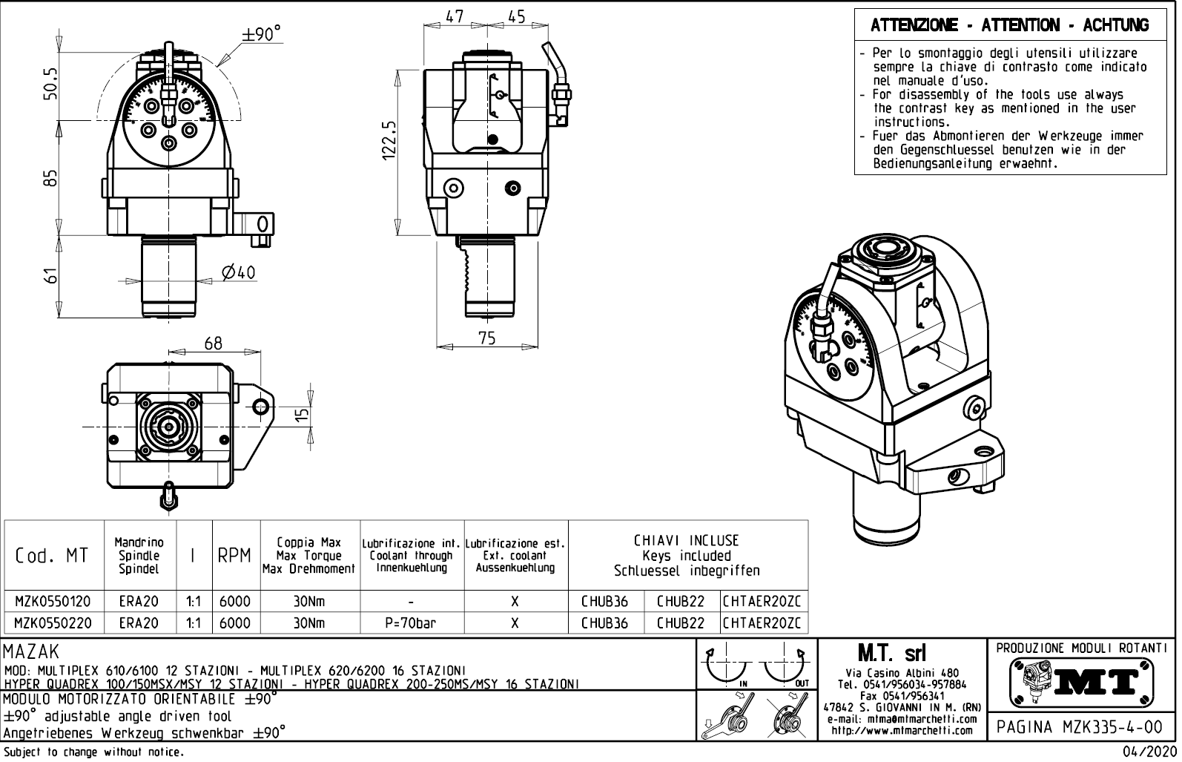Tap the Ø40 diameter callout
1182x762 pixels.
click(x=238, y=273)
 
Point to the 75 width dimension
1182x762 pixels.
click(x=486, y=338)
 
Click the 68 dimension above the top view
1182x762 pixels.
click(x=214, y=344)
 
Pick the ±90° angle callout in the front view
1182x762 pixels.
click(x=262, y=34)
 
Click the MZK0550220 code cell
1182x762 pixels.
click(x=53, y=623)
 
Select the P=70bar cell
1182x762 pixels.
click(x=411, y=623)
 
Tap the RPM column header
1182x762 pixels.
click(x=234, y=556)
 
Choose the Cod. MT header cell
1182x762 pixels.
click(x=52, y=556)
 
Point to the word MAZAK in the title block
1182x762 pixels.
click(x=31, y=652)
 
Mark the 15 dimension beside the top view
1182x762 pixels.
click(x=301, y=415)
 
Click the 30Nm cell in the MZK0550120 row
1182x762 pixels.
click(x=309, y=601)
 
